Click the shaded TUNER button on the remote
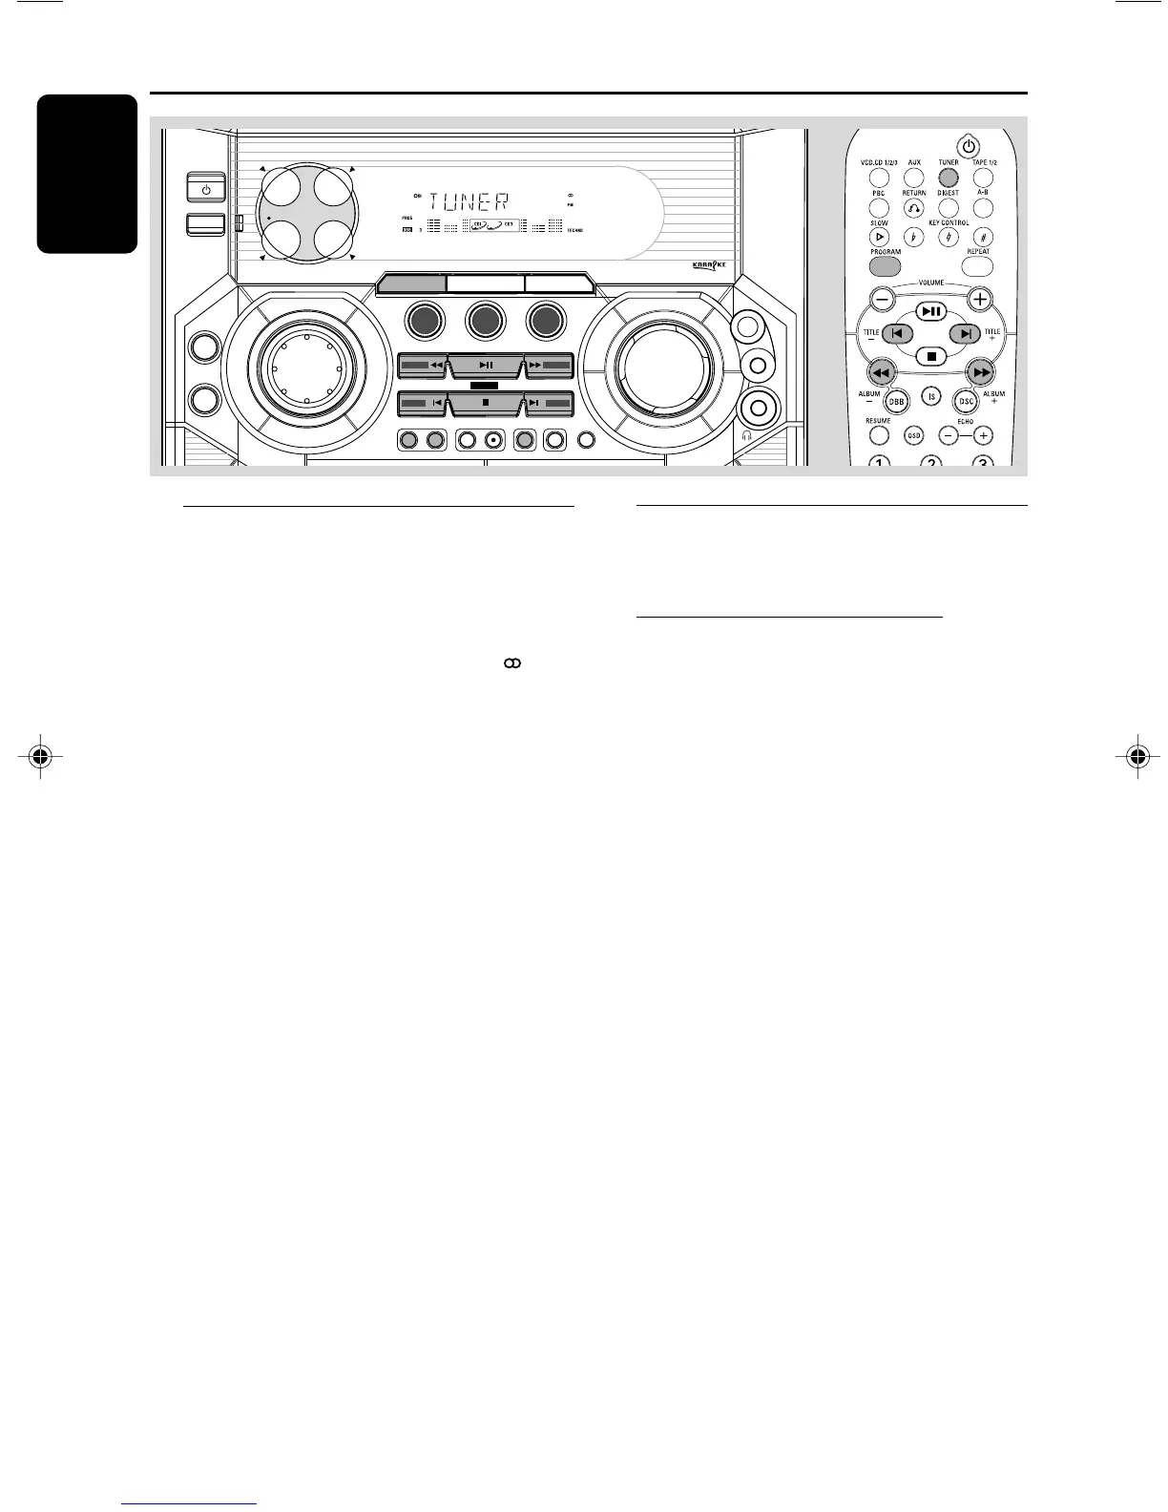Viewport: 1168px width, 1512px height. (x=948, y=178)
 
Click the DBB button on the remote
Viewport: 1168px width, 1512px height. (x=896, y=401)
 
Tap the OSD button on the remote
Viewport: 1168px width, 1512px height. (x=913, y=435)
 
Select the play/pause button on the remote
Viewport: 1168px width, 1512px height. (x=930, y=312)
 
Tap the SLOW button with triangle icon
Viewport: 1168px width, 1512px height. (x=879, y=236)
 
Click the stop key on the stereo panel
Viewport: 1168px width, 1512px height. (x=486, y=403)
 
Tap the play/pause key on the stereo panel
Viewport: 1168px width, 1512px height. (x=486, y=365)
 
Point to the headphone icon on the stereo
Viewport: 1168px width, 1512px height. (x=745, y=435)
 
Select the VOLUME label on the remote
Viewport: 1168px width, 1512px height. (x=930, y=283)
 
